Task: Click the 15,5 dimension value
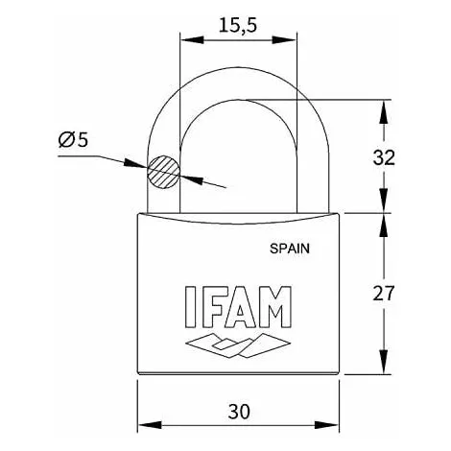[x=237, y=26]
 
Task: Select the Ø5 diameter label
[x=73, y=140]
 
